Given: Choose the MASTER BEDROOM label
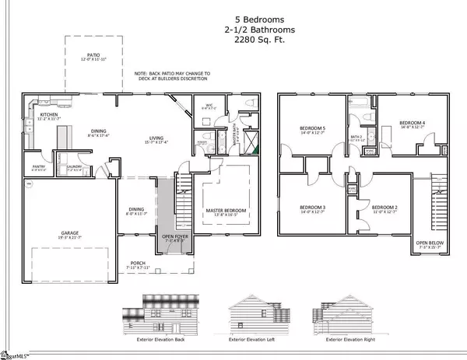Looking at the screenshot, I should click(226, 211).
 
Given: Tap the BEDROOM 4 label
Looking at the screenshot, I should click(413, 123).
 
